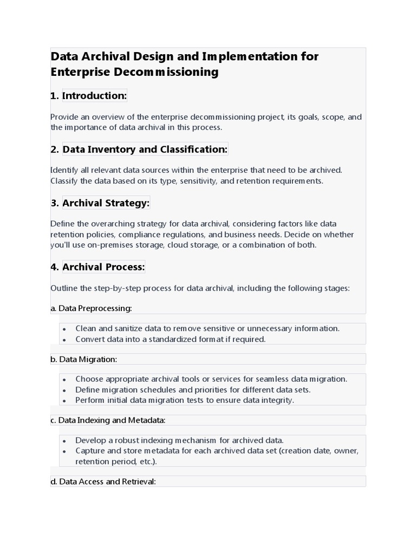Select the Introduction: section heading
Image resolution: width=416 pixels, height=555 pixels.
point(94,96)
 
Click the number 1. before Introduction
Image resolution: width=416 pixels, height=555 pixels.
point(54,96)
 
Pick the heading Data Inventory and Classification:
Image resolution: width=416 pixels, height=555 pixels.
point(145,149)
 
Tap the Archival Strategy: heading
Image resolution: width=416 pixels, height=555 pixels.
point(106,203)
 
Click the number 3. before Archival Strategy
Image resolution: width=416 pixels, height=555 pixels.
point(54,203)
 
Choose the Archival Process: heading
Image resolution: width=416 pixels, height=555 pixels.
point(103,267)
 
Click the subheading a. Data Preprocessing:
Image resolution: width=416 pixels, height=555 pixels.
point(91,308)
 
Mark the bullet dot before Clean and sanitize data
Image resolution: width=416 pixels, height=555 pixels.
point(64,329)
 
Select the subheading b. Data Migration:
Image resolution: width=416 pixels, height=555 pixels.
point(83,359)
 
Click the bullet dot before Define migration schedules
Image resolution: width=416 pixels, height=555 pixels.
point(64,390)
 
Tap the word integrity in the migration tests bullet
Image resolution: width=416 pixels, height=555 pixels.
point(276,401)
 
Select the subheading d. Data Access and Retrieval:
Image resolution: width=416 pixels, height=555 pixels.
point(103,481)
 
